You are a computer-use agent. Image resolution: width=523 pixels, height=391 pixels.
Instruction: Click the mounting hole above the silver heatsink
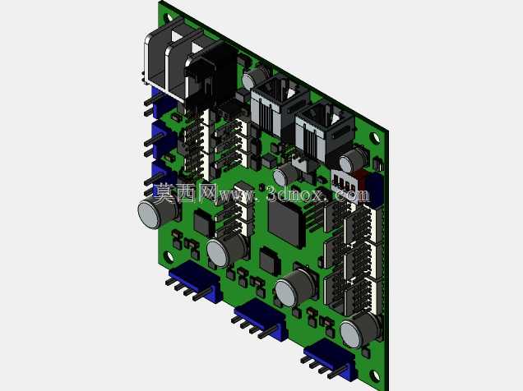click(x=169, y=17)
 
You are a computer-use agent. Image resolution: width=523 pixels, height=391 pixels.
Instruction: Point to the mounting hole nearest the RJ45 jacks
click(x=375, y=137)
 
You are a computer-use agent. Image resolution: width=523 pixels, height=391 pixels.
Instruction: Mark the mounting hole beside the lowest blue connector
click(x=376, y=375)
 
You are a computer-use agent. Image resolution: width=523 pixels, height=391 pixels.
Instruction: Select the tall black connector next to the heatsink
click(x=211, y=80)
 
